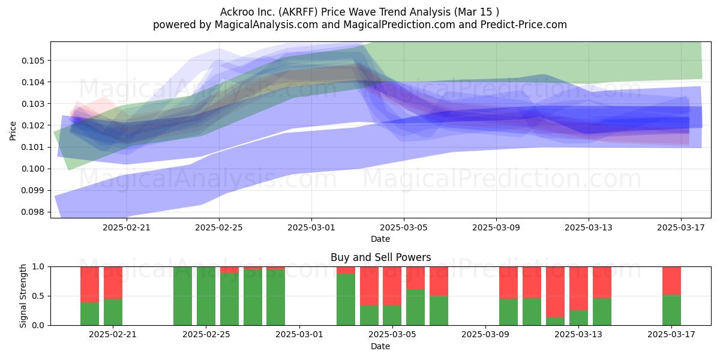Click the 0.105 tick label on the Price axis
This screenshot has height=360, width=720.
pos(34,61)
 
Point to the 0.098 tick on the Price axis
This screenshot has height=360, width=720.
pos(34,212)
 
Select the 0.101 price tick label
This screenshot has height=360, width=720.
pos(34,147)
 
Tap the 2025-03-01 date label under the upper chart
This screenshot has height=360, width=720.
pos(311,227)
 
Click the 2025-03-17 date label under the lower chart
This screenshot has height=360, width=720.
pos(671,334)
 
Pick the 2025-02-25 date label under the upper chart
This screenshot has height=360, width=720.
pos(219,227)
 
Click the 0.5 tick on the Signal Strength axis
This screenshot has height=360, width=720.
pos(38,296)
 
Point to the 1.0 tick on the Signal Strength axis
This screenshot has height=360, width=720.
pos(38,267)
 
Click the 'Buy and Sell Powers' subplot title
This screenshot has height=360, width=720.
pos(380,257)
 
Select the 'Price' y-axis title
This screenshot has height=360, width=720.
pos(13,131)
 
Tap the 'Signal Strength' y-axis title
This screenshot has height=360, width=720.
pos(23,296)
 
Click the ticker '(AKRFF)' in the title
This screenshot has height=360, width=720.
pos(298,12)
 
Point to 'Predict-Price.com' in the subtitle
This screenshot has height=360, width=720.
pos(524,25)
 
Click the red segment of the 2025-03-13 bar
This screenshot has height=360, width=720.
pos(578,289)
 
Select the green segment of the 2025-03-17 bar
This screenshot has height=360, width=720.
pos(671,310)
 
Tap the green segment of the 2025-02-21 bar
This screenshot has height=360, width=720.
pos(113,312)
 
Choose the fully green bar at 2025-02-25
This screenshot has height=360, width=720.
pos(206,296)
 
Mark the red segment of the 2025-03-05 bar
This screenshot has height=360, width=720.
pos(392,286)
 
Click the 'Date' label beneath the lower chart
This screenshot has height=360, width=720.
pos(380,347)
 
